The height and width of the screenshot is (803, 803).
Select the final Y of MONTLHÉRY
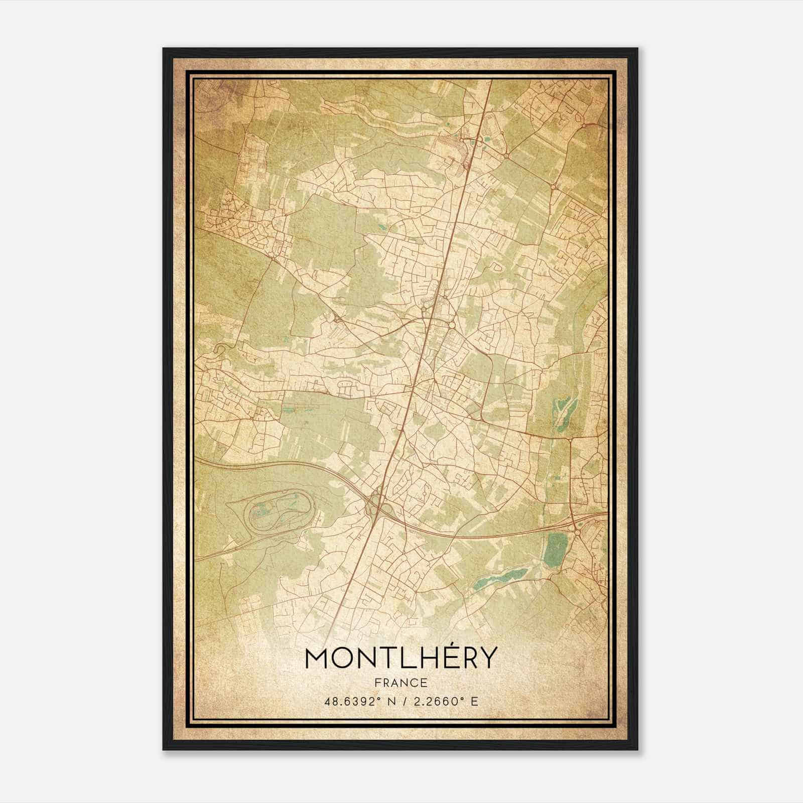click(x=486, y=657)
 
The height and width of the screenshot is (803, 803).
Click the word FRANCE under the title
click(x=401, y=683)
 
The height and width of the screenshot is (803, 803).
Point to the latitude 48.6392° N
click(x=357, y=701)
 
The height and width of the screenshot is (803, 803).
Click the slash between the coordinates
click(x=405, y=701)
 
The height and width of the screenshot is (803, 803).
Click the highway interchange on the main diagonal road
click(x=375, y=504)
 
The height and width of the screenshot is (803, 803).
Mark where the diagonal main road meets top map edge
click(x=490, y=80)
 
